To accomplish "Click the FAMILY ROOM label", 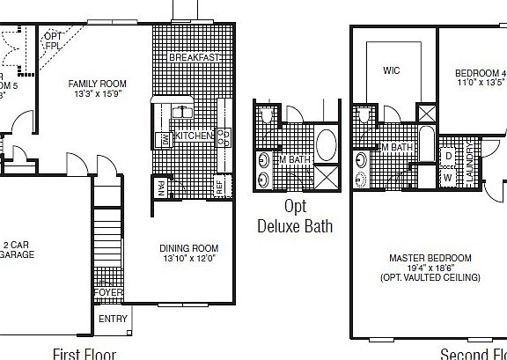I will click(97, 84).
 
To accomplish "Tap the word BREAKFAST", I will click(194, 57).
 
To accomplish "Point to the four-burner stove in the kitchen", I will click(224, 136).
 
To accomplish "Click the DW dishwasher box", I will click(164, 139).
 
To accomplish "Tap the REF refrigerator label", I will click(221, 187).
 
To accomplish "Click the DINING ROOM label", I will click(188, 248).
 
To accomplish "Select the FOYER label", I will click(109, 292).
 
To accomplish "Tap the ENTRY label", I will click(113, 319).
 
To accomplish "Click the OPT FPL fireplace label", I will click(53, 40).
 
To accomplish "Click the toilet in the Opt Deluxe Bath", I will click(265, 115).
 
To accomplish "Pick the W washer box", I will click(448, 177).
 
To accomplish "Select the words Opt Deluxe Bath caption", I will click(295, 217).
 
